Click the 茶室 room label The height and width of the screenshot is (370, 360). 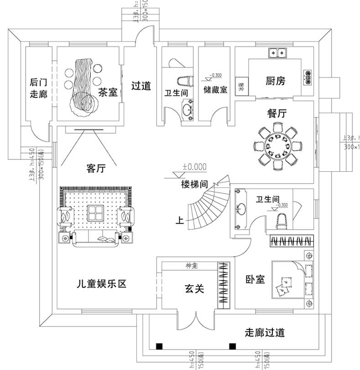(x=108, y=92)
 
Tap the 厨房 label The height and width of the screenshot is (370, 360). (x=275, y=81)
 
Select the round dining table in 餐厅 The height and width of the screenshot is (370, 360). (x=277, y=147)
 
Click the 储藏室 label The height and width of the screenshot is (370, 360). (x=215, y=90)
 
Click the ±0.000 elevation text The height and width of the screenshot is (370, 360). (x=194, y=167)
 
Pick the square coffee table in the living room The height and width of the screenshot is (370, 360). (x=95, y=212)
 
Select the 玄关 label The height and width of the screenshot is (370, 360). (x=194, y=288)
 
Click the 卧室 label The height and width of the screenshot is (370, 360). (x=256, y=279)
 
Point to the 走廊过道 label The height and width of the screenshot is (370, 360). (x=265, y=333)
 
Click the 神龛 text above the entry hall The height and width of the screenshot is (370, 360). (x=192, y=265)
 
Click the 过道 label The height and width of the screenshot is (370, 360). (x=141, y=86)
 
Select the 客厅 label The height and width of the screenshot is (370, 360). (x=96, y=169)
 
